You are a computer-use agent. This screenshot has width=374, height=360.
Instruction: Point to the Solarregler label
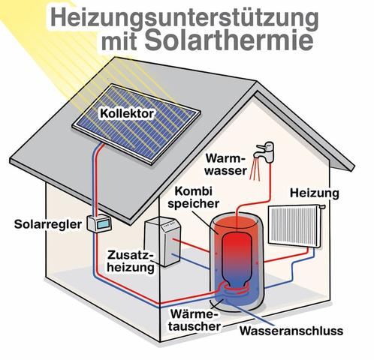[44, 224]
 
